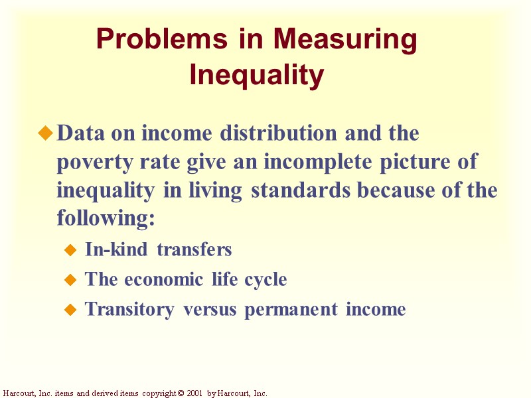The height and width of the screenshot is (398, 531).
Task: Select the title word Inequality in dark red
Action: [x=257, y=74]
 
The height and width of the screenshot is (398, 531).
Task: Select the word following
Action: [x=106, y=218]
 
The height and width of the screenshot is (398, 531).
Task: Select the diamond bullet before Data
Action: [x=45, y=134]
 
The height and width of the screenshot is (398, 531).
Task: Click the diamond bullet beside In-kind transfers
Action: [x=72, y=250]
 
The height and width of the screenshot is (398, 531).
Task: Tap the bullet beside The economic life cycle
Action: [x=72, y=280]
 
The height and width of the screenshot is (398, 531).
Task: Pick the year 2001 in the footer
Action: [x=193, y=393]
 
